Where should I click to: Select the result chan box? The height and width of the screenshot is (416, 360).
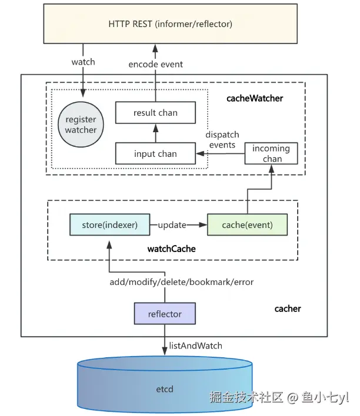tap(155, 112)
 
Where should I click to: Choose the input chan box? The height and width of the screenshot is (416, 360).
tap(155, 154)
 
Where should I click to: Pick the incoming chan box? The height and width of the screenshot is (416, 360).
tap(271, 153)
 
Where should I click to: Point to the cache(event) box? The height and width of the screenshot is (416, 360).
tap(247, 225)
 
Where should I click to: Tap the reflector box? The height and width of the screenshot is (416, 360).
tap(165, 314)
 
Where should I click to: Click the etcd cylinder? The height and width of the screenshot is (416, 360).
tap(165, 388)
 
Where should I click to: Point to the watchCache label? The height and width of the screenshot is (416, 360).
tap(171, 249)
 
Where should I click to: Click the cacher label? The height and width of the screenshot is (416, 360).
tap(288, 308)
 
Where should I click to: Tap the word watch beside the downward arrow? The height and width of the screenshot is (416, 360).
tap(83, 61)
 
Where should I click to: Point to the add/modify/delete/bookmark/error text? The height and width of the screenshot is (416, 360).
tap(182, 282)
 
